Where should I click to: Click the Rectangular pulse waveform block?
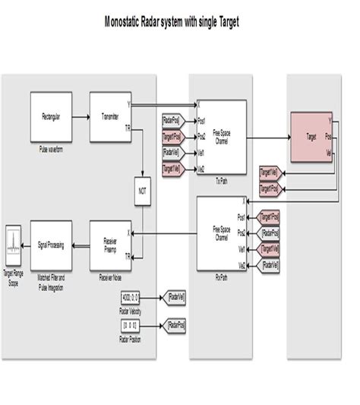(x=52, y=117)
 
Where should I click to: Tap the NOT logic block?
(x=141, y=191)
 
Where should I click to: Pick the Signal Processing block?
(x=52, y=244)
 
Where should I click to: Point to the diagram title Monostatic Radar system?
(x=172, y=22)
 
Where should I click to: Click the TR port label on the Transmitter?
(x=128, y=128)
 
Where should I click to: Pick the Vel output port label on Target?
(x=328, y=153)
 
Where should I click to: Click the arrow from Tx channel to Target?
(x=270, y=138)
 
